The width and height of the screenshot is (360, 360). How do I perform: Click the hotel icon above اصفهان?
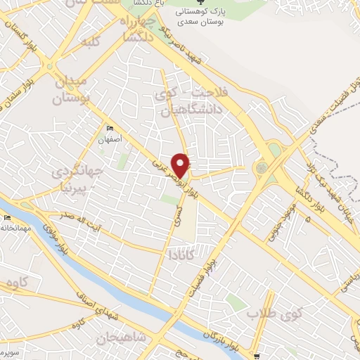click(110, 129)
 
